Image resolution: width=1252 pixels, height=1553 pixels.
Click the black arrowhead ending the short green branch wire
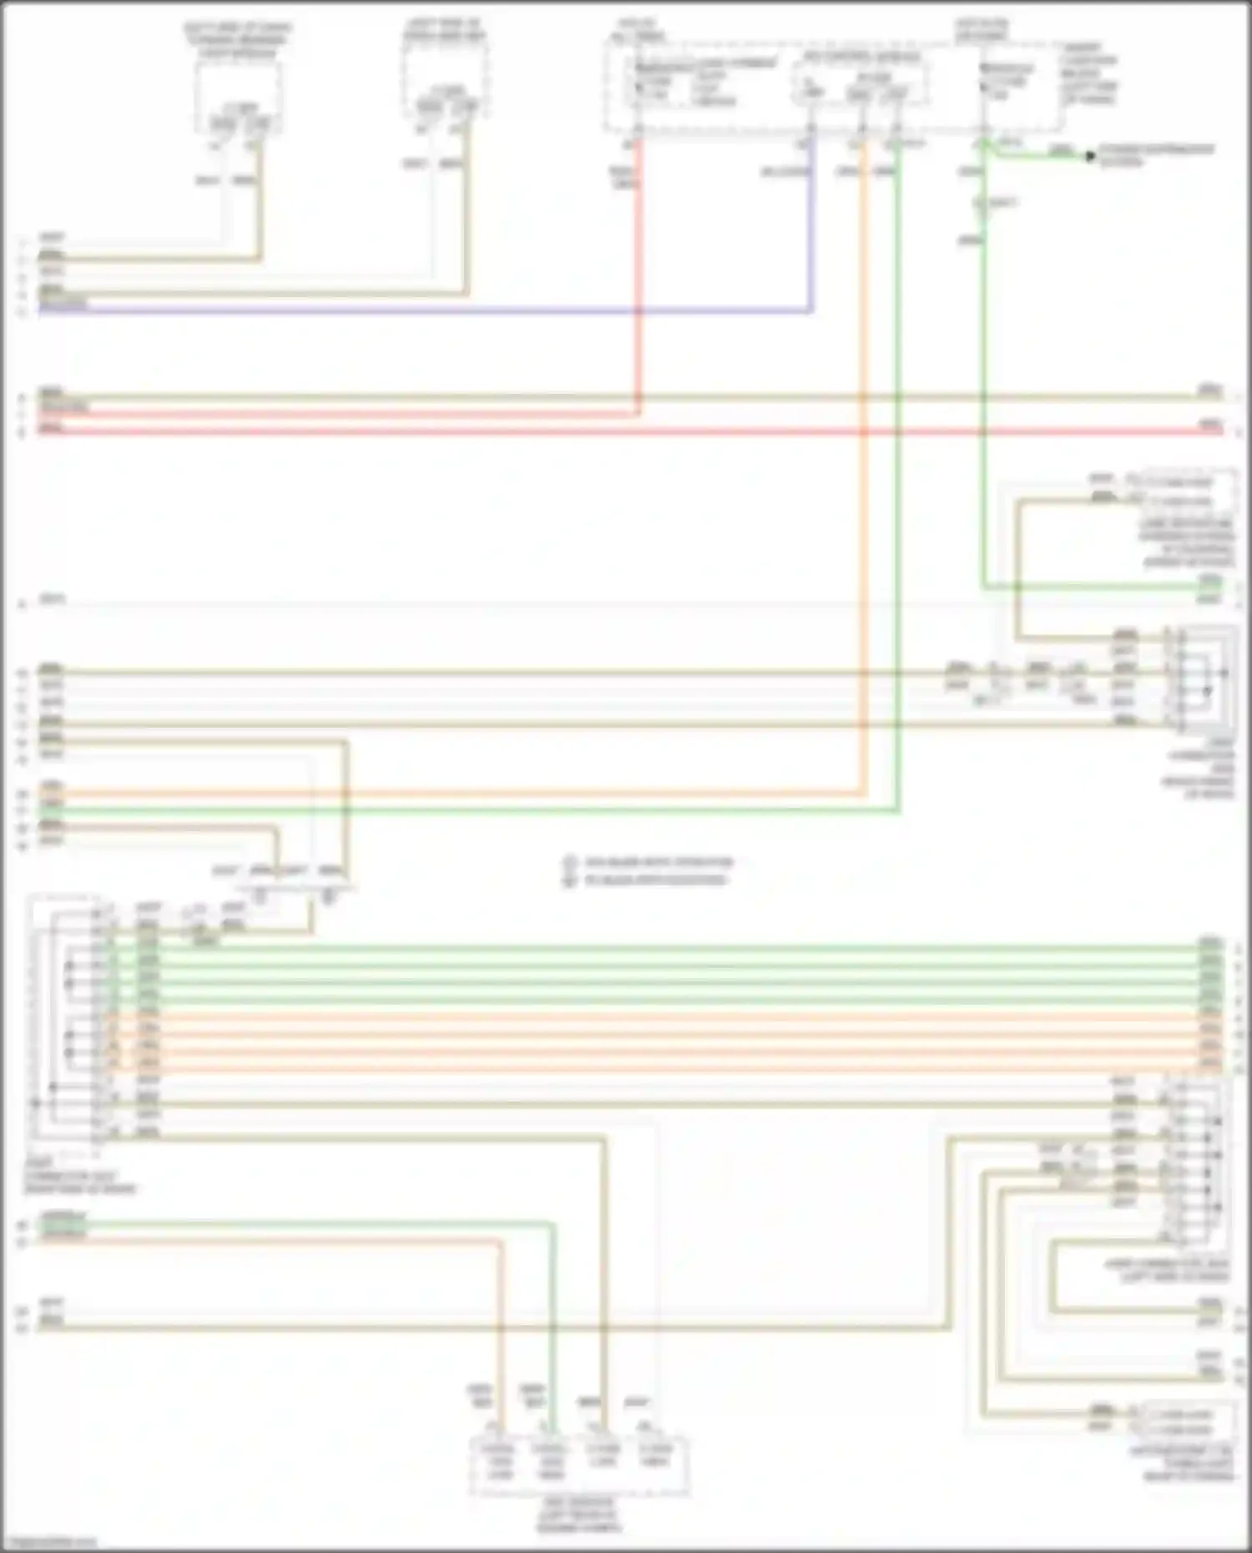click(x=1089, y=156)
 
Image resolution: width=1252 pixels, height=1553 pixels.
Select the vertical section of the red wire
click(x=639, y=275)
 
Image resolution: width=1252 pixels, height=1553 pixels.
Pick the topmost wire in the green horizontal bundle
click(x=668, y=948)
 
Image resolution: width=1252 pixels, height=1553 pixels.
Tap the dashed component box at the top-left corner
click(x=238, y=96)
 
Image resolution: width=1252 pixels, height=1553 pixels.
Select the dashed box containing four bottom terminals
click(x=578, y=1466)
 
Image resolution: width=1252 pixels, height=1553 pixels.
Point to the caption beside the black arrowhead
click(x=1156, y=155)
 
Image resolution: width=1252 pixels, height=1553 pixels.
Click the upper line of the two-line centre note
click(x=658, y=862)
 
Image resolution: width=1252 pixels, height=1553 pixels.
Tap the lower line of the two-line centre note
click(x=654, y=880)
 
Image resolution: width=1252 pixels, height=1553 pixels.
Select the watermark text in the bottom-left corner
click(x=50, y=1543)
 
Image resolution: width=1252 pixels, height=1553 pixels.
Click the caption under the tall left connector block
click(x=79, y=1176)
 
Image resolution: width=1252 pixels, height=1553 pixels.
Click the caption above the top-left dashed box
click(x=238, y=40)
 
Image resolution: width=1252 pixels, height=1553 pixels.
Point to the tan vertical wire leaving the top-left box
click(x=261, y=200)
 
